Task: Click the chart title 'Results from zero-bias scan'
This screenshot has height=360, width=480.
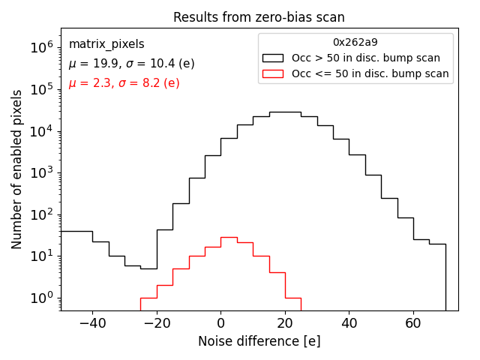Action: [259, 17]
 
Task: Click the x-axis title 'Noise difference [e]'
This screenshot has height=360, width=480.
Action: [259, 341]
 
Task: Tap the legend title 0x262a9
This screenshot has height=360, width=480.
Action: [355, 43]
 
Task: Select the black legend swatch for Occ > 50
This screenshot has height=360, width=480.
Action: [272, 58]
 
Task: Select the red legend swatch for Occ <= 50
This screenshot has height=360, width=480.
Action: [272, 73]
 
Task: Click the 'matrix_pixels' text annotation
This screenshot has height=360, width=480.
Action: [106, 44]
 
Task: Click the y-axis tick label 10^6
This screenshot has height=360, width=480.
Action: [41, 47]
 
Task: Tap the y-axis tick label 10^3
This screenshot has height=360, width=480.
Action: [41, 172]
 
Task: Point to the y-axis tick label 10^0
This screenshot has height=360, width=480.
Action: [41, 298]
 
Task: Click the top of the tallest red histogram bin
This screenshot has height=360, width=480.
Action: [229, 237]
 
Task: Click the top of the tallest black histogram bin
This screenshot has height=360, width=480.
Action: [284, 112]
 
